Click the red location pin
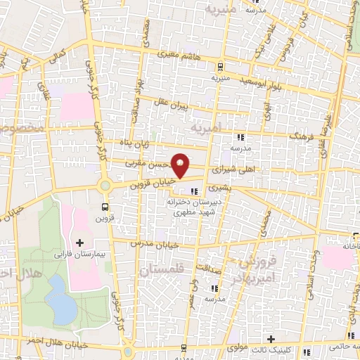(181, 165)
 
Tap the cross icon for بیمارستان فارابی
(89, 243)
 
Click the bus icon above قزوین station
(105, 207)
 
